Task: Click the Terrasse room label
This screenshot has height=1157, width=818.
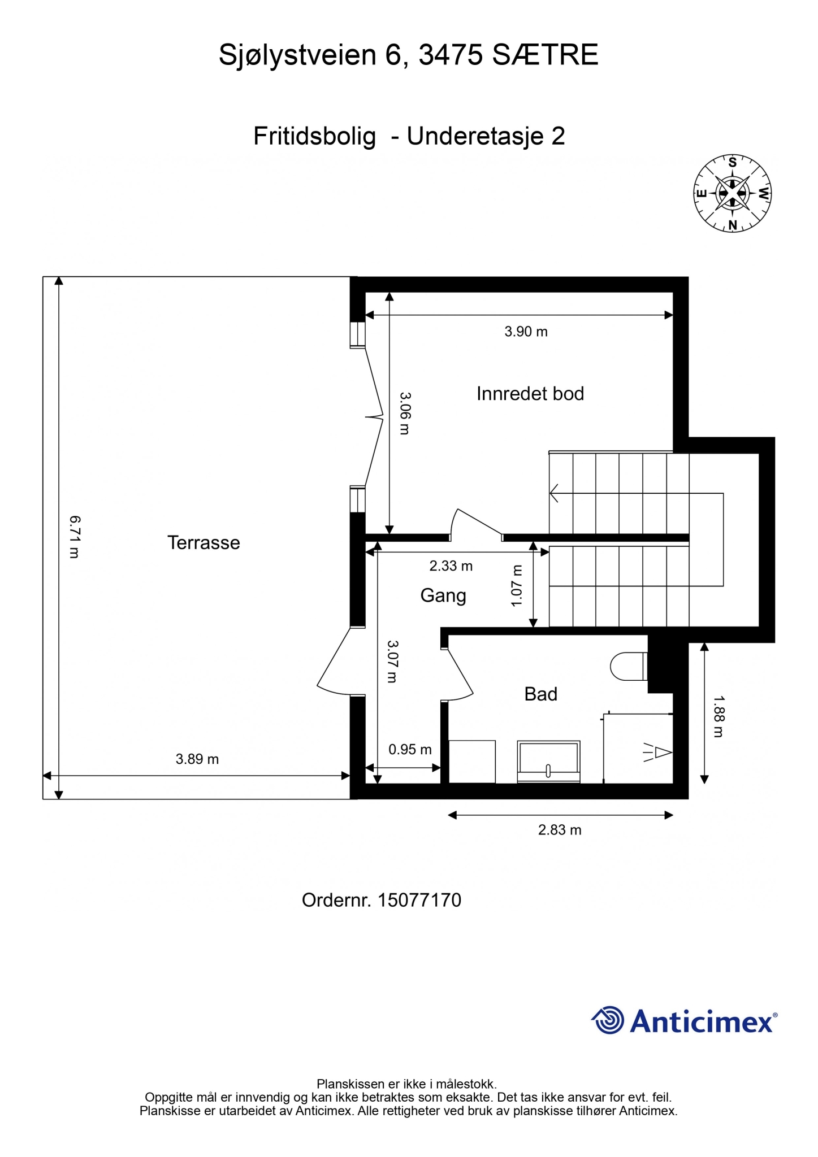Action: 204,543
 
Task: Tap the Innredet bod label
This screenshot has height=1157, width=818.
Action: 530,394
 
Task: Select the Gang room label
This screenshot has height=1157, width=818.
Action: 443,596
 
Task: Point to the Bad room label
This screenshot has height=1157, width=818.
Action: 541,694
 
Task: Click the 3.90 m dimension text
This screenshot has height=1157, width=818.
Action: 526,332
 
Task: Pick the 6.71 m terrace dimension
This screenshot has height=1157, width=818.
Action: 75,537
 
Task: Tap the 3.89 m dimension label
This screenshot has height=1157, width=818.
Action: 197,759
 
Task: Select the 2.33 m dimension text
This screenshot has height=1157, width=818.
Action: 451,566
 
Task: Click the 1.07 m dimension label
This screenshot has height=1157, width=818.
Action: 516,586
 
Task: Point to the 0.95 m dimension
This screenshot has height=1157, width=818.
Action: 410,750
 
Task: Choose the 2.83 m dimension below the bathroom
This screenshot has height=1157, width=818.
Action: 560,830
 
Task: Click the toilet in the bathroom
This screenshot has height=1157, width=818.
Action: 629,666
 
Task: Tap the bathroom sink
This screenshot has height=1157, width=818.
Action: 548,762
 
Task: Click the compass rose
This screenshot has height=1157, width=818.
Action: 733,194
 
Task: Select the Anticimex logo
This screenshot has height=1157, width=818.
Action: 684,1020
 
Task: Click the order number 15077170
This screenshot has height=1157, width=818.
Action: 419,901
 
